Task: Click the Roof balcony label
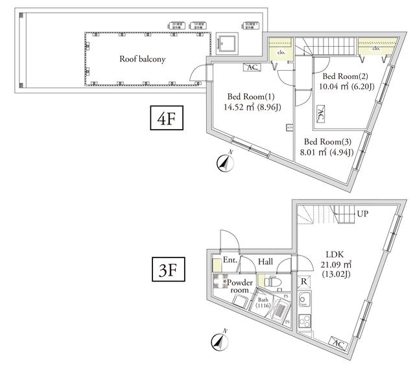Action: (143, 59)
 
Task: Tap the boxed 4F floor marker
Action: (167, 121)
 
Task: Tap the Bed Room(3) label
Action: (328, 142)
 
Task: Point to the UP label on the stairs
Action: (364, 213)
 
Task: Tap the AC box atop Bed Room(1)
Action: (251, 67)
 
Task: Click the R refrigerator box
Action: (303, 283)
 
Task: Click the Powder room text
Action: (240, 286)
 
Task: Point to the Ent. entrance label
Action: (229, 261)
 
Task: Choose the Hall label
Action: (265, 261)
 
